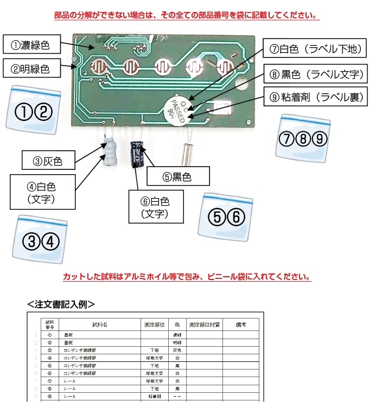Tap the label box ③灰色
pos(48,161)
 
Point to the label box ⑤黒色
pos(179,176)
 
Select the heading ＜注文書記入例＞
pos(61,304)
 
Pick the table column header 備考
pos(241,324)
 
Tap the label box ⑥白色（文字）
pos(156,206)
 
